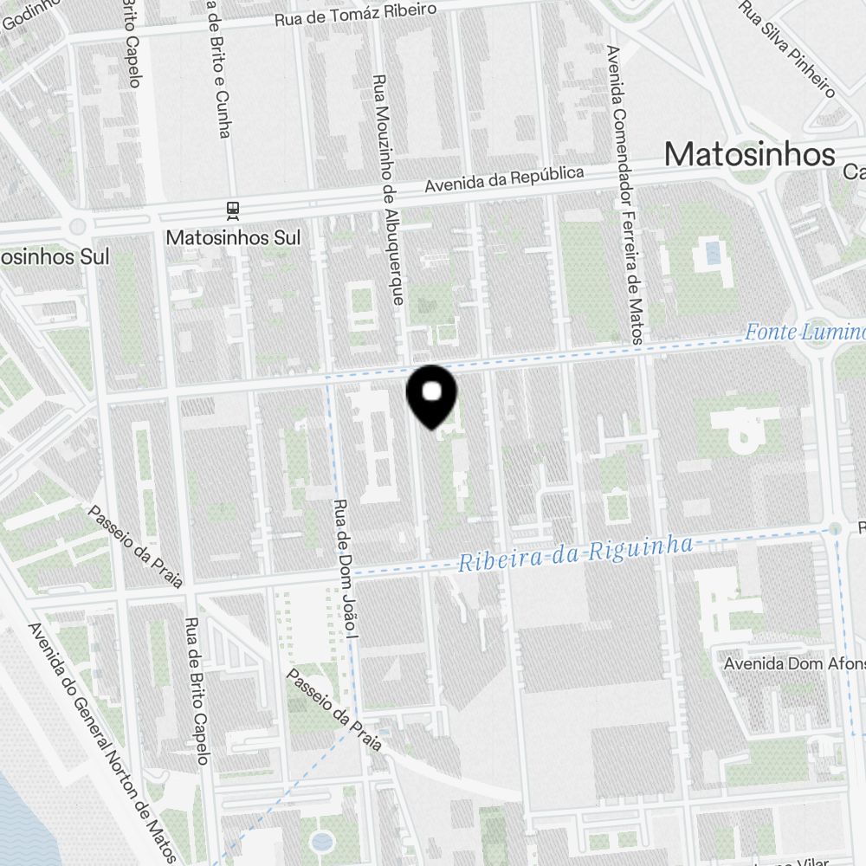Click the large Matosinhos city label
point(749,154)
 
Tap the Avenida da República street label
point(504,180)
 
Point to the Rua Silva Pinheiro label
point(787,48)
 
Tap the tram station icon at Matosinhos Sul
point(231,209)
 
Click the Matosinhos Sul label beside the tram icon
point(233,236)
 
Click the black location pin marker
point(431,394)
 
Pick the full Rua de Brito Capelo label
point(197,692)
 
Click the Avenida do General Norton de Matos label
point(102,742)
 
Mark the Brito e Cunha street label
point(218,69)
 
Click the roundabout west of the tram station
point(78,227)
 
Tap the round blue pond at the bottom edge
point(321,842)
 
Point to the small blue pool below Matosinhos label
point(712,253)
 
